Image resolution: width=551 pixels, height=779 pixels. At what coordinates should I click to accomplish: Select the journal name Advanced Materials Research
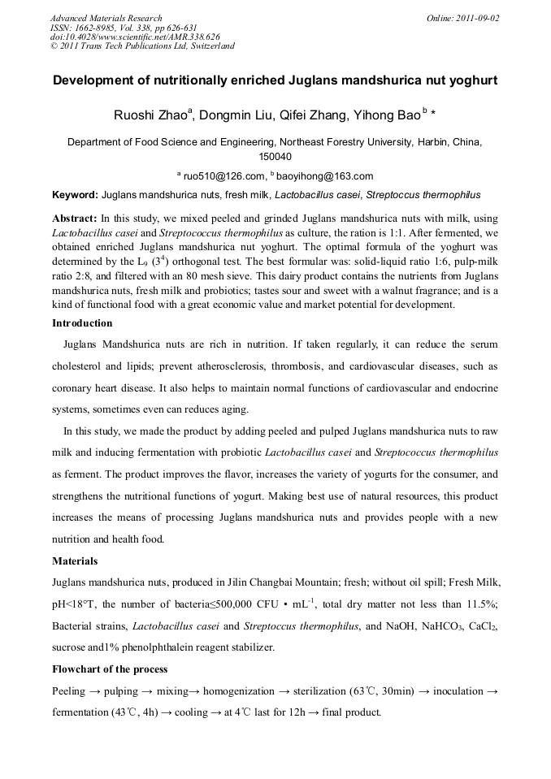coord(106,18)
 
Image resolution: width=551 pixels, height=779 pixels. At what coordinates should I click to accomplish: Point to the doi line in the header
coord(135,37)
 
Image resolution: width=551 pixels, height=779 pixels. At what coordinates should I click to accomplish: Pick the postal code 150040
coord(275,157)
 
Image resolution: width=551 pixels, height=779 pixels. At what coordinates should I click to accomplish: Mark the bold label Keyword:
coord(75,196)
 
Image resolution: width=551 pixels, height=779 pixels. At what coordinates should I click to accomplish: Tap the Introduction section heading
coord(82,323)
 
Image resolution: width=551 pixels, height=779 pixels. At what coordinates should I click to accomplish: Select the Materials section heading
coord(75,560)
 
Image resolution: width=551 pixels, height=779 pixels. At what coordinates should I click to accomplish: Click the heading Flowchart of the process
coord(110,669)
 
